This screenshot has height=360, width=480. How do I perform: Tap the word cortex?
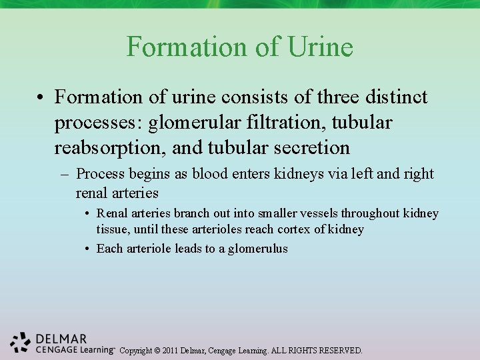pyautogui.click(x=295, y=229)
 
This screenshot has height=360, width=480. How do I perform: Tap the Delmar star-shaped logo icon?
pyautogui.click(x=21, y=341)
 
